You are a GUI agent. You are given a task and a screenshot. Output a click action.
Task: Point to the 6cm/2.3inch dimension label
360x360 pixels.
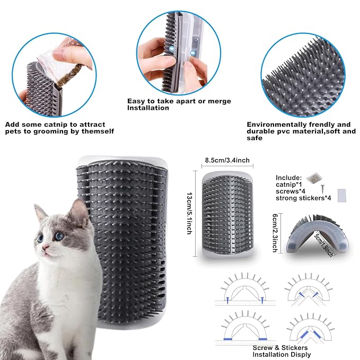click(275, 232)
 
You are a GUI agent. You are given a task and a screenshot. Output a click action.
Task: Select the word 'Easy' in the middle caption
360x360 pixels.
click(135, 100)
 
